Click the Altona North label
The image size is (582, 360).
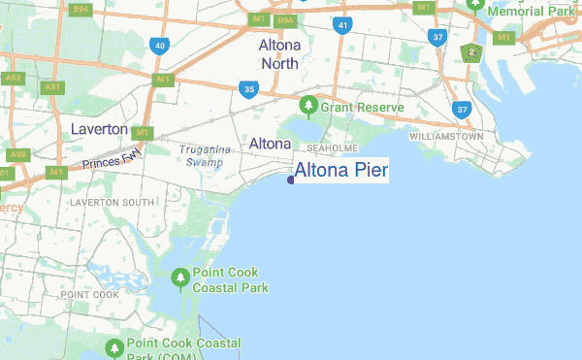pyautogui.click(x=278, y=53)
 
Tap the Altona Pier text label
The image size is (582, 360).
pyautogui.click(x=340, y=171)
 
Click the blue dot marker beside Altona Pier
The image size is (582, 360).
pyautogui.click(x=291, y=179)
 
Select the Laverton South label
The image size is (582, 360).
pyautogui.click(x=112, y=202)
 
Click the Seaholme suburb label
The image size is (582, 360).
pyautogui.click(x=333, y=148)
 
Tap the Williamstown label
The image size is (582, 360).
pyautogui.click(x=446, y=137)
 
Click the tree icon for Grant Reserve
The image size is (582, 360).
pyautogui.click(x=308, y=105)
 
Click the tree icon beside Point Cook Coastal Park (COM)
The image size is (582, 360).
pyautogui.click(x=115, y=347)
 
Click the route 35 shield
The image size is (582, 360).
pyautogui.click(x=249, y=89)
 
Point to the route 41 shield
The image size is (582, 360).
pyautogui.click(x=340, y=23)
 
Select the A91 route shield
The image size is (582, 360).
pyautogui.click(x=51, y=87)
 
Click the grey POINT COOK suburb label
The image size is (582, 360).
pyautogui.click(x=89, y=294)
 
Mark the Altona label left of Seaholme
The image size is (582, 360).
pyautogui.click(x=270, y=144)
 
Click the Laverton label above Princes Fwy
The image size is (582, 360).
pyautogui.click(x=99, y=128)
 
